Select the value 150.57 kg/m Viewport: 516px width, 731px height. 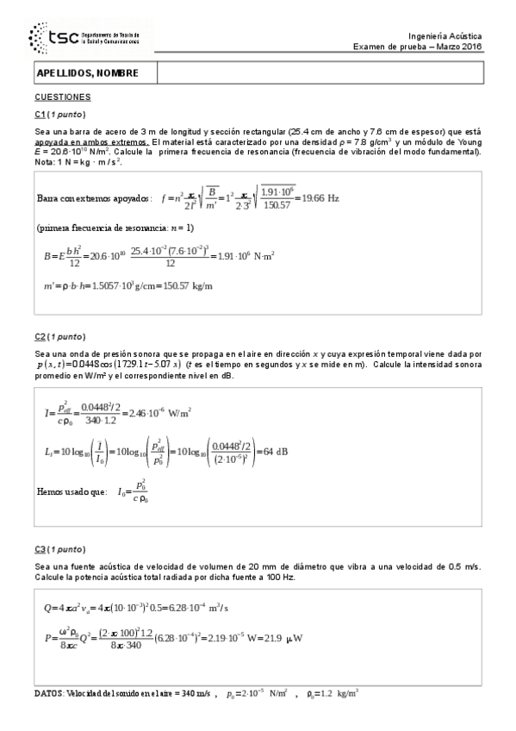pyautogui.click(x=190, y=285)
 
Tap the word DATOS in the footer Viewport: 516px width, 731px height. pyautogui.click(x=49, y=693)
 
